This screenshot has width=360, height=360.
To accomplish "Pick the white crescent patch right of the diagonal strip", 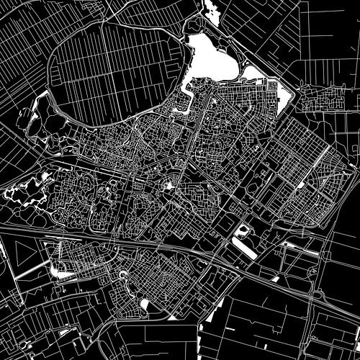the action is (60, 271).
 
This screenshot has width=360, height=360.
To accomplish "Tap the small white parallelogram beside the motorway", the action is (276, 278).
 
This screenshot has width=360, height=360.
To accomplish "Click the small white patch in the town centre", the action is (168, 186).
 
